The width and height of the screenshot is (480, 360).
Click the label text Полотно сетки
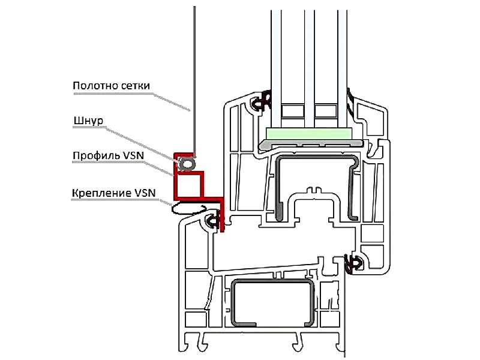[112, 85]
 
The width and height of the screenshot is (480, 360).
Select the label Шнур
[88, 121]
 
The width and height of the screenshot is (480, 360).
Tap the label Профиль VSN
[109, 155]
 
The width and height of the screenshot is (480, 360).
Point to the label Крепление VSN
[114, 193]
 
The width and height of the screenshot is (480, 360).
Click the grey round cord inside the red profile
[187, 164]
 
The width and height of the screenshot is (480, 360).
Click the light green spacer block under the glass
[308, 133]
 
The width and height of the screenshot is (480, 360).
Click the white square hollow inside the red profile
[188, 185]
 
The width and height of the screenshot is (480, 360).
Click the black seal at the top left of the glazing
[260, 101]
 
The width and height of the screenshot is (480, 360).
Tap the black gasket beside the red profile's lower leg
[212, 220]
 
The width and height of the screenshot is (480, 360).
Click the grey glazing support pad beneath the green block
[311, 143]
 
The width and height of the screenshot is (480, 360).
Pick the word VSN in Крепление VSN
[145, 193]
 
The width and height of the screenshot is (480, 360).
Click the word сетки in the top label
[136, 86]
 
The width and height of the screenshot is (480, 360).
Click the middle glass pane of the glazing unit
[310, 67]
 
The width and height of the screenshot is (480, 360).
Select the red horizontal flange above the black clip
[199, 199]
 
